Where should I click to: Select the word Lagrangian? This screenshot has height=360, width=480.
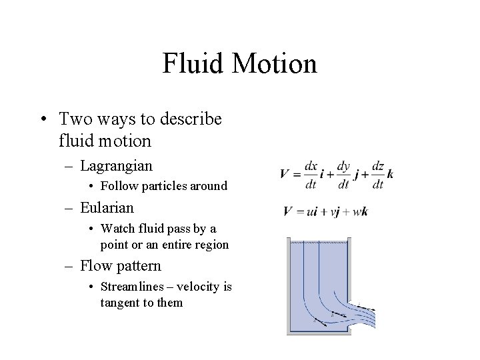116,165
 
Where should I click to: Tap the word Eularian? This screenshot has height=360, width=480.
107,207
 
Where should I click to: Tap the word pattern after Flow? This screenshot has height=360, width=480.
136,265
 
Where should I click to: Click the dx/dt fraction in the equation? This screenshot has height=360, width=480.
311,173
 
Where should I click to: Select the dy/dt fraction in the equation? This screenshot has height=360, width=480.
343,173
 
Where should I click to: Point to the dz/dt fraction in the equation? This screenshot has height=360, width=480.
377,173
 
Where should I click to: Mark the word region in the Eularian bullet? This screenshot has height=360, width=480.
211,245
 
